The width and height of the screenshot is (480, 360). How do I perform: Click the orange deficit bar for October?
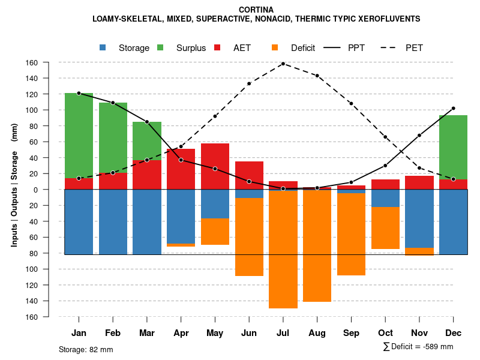click(385, 228)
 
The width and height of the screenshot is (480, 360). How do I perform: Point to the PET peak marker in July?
click(283, 64)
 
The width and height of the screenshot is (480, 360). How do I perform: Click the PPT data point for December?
click(453, 109)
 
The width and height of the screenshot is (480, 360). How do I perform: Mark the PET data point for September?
click(351, 104)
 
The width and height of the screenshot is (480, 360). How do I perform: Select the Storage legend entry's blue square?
click(103, 47)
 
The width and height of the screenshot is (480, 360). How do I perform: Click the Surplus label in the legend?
click(191, 48)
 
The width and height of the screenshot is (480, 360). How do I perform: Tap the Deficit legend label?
click(302, 48)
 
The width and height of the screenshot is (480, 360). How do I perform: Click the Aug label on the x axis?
click(317, 333)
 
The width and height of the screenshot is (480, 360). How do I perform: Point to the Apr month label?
click(181, 333)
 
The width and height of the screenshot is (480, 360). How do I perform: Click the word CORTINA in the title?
click(256, 10)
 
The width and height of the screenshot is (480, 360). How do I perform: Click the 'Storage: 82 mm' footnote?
click(86, 349)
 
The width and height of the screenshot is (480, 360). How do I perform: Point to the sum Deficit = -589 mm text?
click(418, 347)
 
